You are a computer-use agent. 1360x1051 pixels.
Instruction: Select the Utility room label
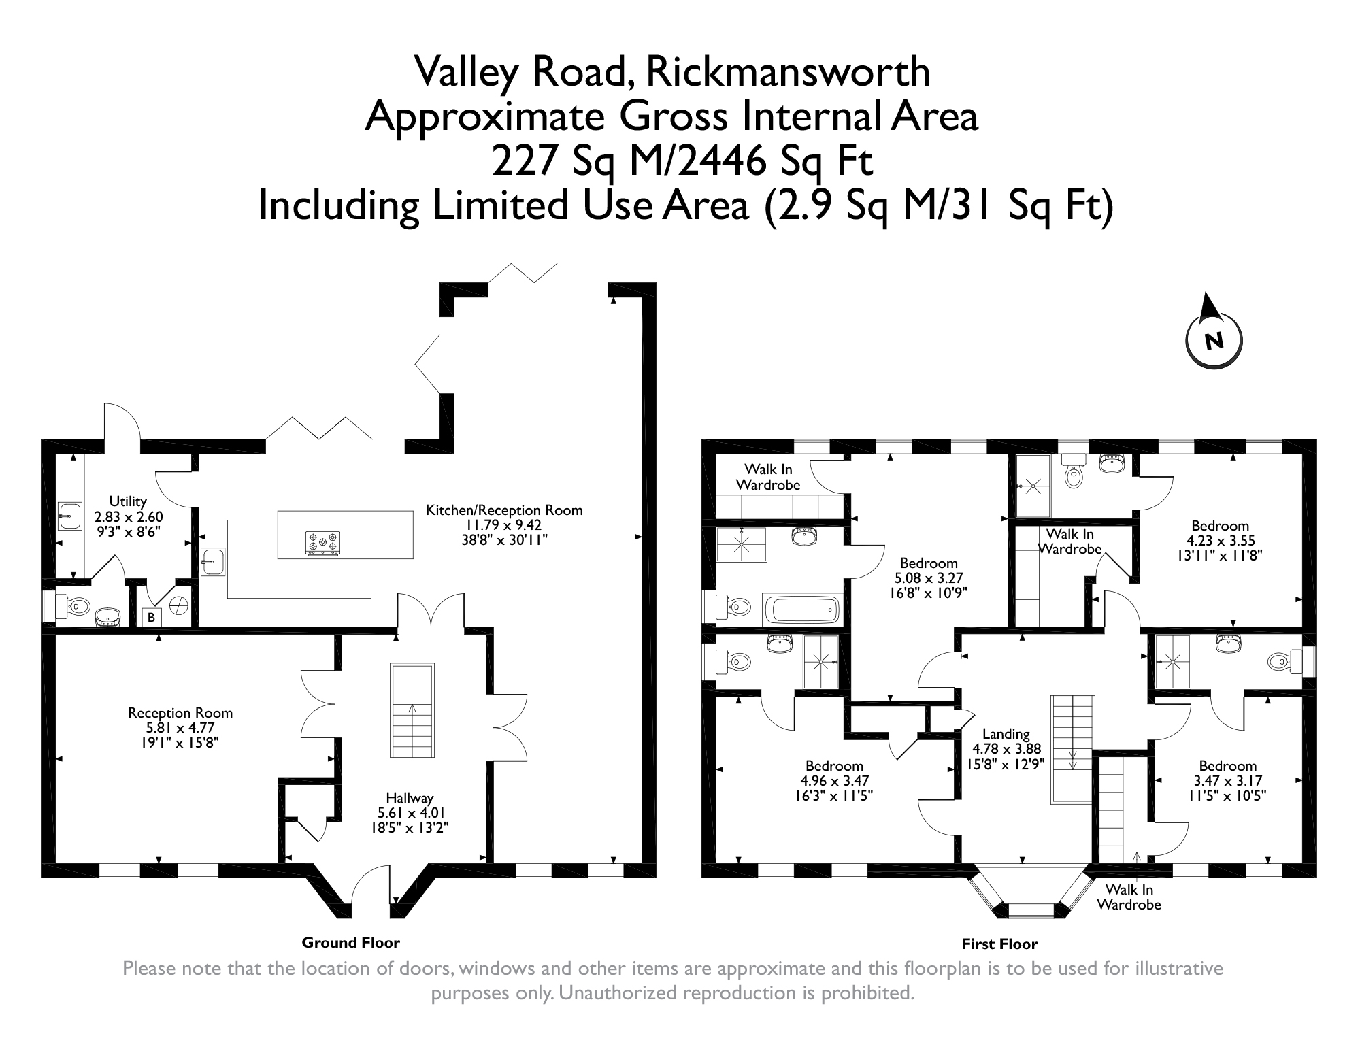(x=128, y=501)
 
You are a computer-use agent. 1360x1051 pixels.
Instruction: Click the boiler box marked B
(x=151, y=618)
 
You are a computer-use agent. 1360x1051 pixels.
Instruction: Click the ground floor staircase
(x=412, y=710)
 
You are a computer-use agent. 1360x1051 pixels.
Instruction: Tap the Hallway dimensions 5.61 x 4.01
(x=411, y=813)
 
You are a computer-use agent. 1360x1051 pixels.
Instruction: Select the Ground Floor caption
(x=350, y=942)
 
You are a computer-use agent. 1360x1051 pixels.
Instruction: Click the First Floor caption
(x=999, y=944)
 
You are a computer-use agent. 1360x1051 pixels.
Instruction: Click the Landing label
(x=1006, y=733)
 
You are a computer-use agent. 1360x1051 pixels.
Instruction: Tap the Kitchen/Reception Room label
(x=503, y=510)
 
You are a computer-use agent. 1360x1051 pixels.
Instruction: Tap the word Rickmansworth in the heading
(x=787, y=72)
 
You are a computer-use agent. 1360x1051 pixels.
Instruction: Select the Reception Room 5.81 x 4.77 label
(x=180, y=727)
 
